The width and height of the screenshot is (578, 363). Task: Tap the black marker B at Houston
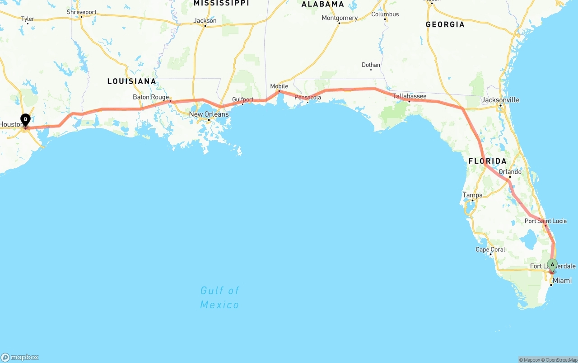tap(26, 120)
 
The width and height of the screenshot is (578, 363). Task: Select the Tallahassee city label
tap(409, 96)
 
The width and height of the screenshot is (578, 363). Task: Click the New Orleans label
tap(209, 114)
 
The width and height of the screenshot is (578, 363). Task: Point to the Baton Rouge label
tap(151, 97)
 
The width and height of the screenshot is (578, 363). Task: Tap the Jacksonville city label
tap(500, 100)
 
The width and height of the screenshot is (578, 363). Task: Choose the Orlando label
tap(510, 172)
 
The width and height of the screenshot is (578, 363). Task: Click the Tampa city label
tap(472, 195)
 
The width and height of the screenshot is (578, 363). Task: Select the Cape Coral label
tap(490, 250)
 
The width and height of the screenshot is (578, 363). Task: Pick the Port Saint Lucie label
tap(545, 221)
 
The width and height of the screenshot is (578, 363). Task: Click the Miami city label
tap(562, 281)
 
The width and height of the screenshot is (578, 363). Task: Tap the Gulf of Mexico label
tap(220, 297)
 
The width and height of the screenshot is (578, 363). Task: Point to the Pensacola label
tap(308, 97)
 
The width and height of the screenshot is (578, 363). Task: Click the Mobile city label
tap(279, 86)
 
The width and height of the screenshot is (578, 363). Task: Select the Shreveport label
tap(81, 12)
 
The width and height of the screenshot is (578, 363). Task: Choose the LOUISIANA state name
tap(132, 81)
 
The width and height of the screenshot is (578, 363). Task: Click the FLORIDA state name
tap(487, 161)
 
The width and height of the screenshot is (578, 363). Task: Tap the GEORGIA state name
tap(445, 24)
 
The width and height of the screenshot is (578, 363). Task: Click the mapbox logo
tap(20, 357)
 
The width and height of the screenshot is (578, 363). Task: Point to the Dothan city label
tap(371, 65)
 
